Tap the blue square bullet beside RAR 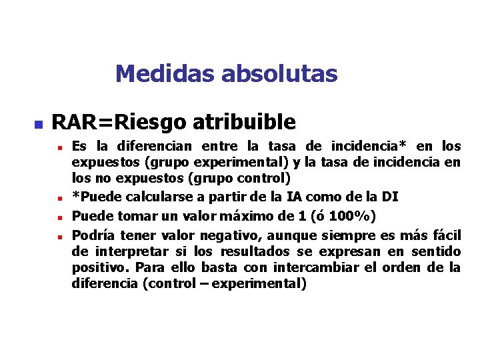point(38,124)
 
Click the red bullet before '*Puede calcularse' point(59,198)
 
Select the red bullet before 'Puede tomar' point(59,217)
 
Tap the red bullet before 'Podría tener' point(59,236)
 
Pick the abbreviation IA point(295,197)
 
